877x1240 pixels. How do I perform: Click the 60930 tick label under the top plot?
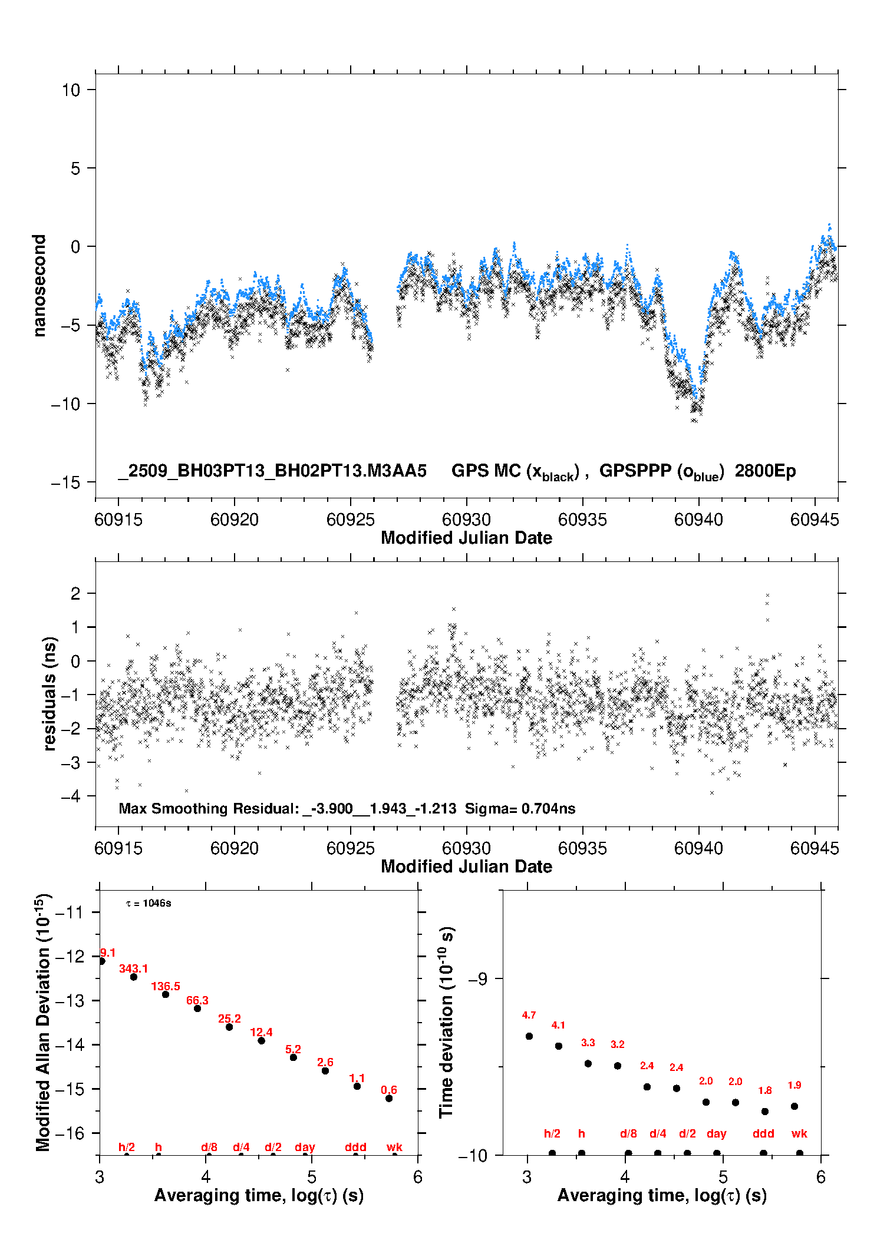tap(466, 520)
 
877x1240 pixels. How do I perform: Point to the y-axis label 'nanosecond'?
tap(39, 286)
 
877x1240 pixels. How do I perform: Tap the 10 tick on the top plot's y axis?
tap(71, 90)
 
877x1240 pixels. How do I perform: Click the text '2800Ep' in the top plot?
tap(765, 471)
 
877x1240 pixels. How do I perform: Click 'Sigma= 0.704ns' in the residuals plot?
tap(520, 809)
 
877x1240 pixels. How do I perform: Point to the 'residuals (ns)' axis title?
tap(50, 693)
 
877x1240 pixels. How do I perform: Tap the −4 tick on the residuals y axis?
tap(70, 796)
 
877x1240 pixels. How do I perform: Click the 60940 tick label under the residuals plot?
tap(698, 848)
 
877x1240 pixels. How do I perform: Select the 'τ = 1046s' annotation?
tap(149, 904)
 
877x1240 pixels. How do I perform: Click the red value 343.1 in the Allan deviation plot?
tap(134, 968)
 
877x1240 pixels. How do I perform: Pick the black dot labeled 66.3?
tap(197, 1008)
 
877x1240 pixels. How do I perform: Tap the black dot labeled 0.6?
tap(389, 1098)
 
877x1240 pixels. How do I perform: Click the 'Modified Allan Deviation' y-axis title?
tap(43, 1022)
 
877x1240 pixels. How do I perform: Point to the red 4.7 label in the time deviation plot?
tap(529, 1015)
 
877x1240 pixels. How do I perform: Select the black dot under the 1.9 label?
tap(794, 1106)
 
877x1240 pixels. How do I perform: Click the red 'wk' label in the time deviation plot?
tap(799, 1133)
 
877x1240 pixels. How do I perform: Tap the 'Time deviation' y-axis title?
tap(446, 1022)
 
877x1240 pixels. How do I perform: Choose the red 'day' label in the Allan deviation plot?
tap(305, 1147)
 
